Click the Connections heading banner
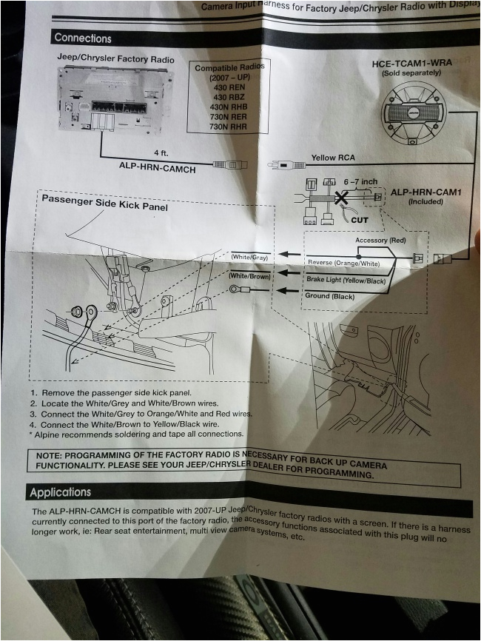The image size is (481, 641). tap(83, 38)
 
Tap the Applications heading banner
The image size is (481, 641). tap(61, 491)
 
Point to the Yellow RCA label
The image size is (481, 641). tap(334, 158)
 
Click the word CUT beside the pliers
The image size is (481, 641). tap(360, 220)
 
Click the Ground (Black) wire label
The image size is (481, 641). tap(329, 296)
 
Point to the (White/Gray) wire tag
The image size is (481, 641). tap(249, 257)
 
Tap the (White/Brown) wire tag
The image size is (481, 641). tap(250, 275)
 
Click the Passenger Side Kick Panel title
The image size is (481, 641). tap(104, 202)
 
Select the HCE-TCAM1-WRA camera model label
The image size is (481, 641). tap(412, 64)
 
